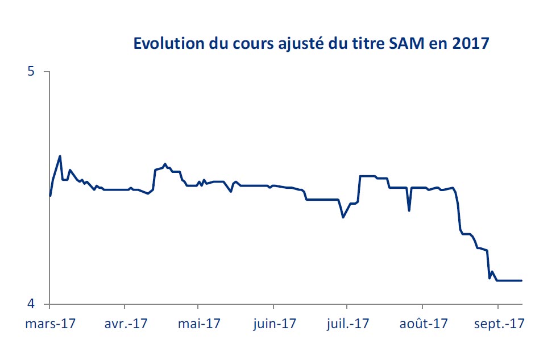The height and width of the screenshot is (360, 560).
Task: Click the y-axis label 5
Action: [x=31, y=72]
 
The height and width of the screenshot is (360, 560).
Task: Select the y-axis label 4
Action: [x=31, y=304]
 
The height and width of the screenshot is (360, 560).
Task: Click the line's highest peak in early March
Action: [x=60, y=156]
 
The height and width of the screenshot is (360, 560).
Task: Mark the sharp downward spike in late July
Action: [x=409, y=210]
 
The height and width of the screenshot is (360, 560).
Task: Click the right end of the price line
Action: [x=521, y=280]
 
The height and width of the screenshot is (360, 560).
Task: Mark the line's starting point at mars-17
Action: [x=50, y=196]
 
